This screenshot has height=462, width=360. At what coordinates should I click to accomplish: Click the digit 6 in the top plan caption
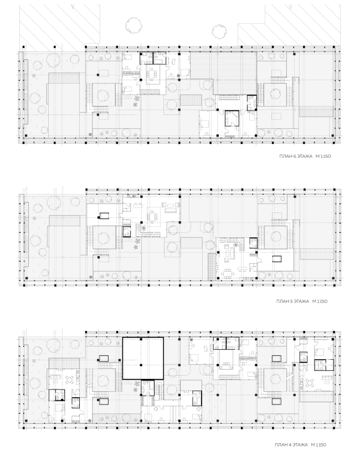point(295,157)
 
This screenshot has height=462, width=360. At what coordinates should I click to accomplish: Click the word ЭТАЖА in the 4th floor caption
point(300,445)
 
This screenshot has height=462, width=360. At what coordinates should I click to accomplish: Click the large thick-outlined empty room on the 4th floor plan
point(143,359)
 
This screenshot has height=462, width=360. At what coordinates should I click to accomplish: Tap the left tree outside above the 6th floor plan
point(133,25)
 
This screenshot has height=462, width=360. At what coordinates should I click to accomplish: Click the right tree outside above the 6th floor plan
point(219,31)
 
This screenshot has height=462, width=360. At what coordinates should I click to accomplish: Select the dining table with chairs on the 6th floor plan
point(152,74)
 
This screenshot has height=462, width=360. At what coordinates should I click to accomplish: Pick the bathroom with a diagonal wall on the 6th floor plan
point(232,118)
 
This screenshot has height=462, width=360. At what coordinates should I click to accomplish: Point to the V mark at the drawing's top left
point(73,7)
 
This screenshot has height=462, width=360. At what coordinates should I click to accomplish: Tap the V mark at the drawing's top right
point(290,7)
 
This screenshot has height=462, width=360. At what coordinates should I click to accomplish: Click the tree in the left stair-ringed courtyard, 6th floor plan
point(104,95)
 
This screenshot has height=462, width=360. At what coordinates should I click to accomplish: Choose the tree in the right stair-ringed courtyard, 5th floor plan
point(276,237)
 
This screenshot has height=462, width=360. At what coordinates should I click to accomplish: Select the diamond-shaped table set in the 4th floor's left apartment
point(70,380)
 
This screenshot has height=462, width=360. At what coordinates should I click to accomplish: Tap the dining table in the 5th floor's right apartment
point(227,272)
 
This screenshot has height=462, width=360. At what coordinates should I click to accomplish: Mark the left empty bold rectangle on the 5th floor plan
point(104,216)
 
